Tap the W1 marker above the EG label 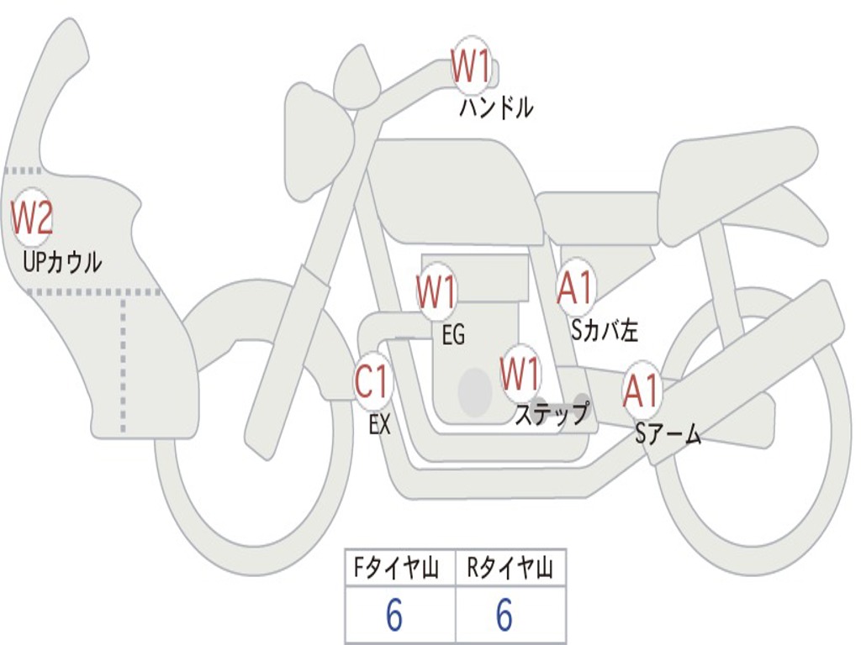point(436,291)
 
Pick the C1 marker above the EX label point(372,381)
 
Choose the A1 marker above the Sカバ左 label point(575,287)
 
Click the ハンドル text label point(496,107)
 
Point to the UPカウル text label point(62,262)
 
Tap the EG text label point(453,334)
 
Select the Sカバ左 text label point(604,329)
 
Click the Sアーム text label point(668,434)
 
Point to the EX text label point(379,424)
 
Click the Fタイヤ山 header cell point(400,568)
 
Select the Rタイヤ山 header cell point(510,568)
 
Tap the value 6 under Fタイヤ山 point(394,614)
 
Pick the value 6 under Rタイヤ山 point(504,614)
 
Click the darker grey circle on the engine point(475,392)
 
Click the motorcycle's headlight point(320,134)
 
